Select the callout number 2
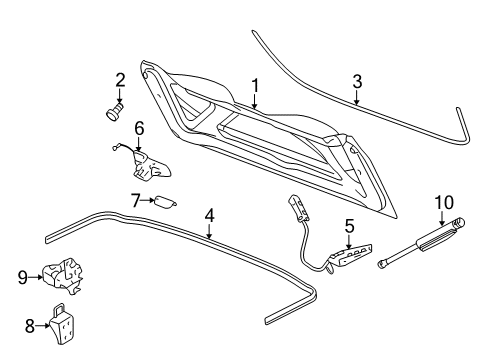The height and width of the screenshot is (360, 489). coord(119,79)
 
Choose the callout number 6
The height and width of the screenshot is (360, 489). coord(139,129)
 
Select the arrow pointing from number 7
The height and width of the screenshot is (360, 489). coord(147,201)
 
